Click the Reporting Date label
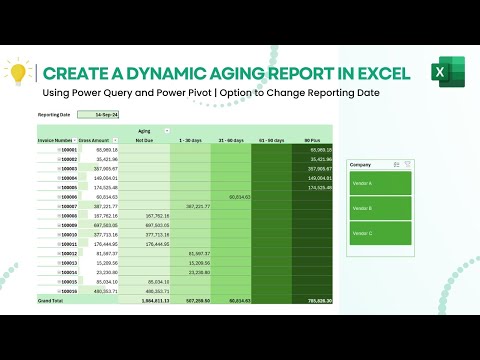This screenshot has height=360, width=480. tap(56, 115)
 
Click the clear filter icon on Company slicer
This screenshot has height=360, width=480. tap(408, 163)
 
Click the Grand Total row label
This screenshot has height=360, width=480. tap(51, 299)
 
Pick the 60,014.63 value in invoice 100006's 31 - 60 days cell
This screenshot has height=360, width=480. tap(239, 197)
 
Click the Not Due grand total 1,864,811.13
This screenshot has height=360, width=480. tap(153, 299)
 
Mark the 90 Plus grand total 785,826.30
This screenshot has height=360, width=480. tap(319, 299)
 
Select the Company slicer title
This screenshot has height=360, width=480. tap(362, 163)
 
